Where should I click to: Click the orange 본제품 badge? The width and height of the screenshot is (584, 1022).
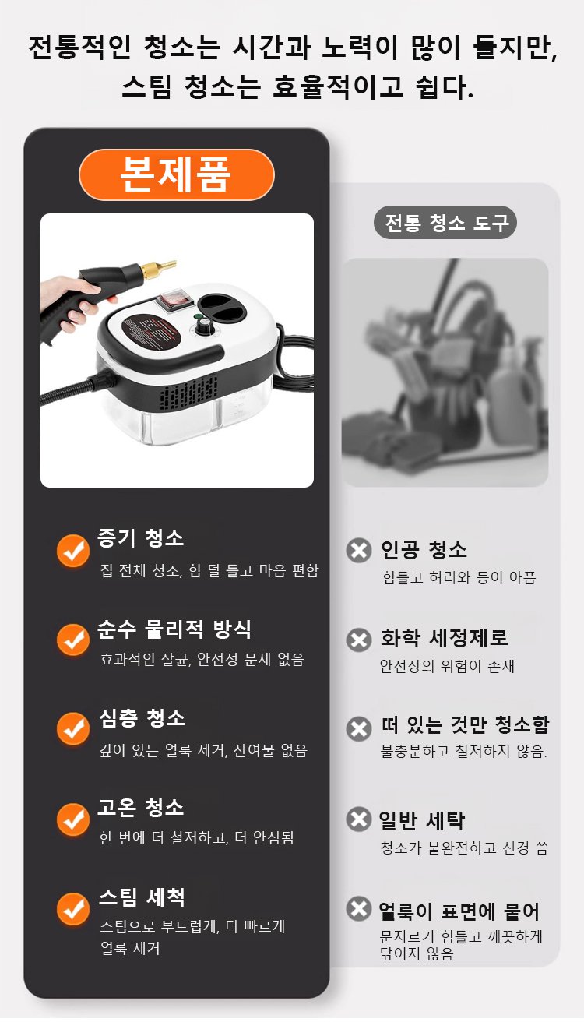(177, 174)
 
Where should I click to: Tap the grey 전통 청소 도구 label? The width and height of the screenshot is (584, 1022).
(445, 223)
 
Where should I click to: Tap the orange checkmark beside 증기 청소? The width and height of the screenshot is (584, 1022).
(73, 551)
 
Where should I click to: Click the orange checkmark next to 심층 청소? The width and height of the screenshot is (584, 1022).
(73, 728)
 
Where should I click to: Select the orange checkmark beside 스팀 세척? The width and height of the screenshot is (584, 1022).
(73, 909)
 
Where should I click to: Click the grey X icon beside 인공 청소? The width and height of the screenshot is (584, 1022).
(359, 550)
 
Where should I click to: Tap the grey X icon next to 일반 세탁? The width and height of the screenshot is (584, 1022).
(359, 819)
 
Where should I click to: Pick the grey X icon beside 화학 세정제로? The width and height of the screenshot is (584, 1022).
(359, 640)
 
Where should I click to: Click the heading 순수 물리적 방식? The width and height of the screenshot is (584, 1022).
(174, 629)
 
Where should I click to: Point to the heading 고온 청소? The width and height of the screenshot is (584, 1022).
(141, 807)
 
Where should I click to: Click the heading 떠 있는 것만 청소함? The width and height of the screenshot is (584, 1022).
(465, 724)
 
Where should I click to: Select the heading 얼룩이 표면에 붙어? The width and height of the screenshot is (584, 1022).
(459, 911)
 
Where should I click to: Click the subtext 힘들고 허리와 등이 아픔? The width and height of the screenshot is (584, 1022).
(459, 578)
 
